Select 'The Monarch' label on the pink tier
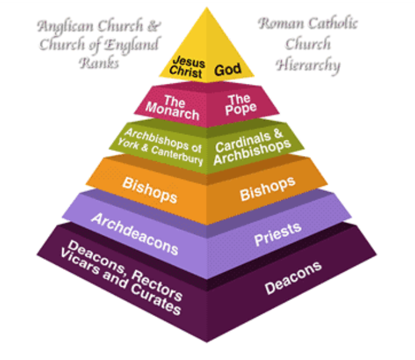[172, 106]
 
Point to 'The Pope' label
[238, 105]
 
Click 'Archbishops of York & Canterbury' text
[164, 145]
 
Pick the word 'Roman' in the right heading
[279, 25]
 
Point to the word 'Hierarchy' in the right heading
[309, 64]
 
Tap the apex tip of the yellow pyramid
[207, 8]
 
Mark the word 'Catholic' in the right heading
[330, 25]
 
